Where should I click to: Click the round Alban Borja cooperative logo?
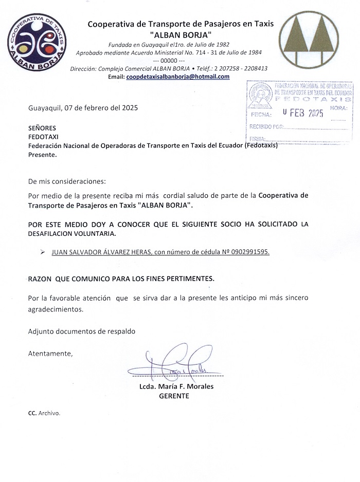[x=37, y=43]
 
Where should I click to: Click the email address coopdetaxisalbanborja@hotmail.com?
[x=178, y=77]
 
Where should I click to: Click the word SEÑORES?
[x=42, y=128]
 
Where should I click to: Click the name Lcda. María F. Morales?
[x=176, y=386]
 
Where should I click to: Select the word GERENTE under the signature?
[x=174, y=396]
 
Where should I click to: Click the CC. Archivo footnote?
[x=44, y=413]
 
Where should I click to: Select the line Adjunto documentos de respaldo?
[x=81, y=331]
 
